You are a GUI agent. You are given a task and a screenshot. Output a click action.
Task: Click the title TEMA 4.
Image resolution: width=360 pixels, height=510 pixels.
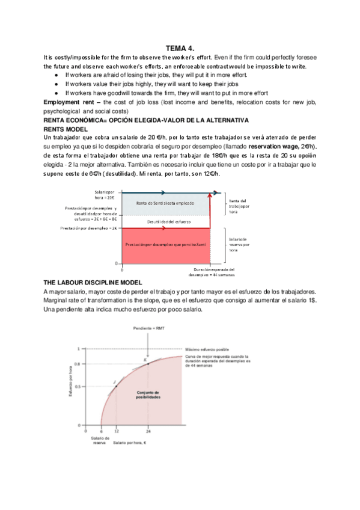[x=180, y=48]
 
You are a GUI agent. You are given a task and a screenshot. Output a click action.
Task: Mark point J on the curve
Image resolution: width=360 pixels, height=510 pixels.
[x=115, y=382]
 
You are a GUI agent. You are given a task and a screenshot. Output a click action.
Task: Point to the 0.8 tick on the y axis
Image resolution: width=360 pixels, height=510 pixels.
[x=78, y=364]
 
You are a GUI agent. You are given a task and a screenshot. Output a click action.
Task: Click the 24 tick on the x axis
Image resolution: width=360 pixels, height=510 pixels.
[x=148, y=431]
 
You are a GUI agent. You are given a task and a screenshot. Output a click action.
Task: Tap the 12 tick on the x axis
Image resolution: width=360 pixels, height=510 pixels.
[x=116, y=431]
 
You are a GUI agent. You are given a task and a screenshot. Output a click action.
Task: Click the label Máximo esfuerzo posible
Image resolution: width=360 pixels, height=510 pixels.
[x=207, y=348]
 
